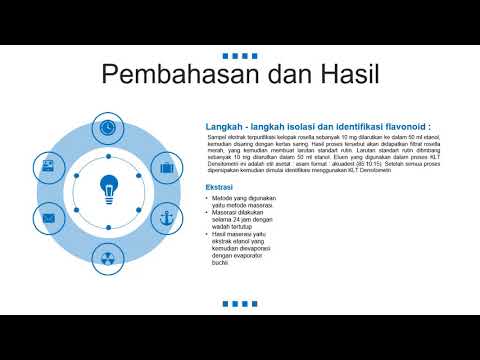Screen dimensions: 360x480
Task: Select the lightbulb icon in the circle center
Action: pos(108,187)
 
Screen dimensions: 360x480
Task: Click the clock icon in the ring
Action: pos(108,127)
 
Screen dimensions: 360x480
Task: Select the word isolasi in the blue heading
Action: pos(300,127)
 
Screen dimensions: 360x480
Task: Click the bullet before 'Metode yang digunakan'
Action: pos(207,199)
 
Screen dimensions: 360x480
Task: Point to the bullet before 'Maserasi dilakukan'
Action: pos(207,212)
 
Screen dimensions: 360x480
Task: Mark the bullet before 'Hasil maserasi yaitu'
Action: pos(207,233)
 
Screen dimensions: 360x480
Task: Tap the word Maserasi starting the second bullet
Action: pos(227,212)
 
